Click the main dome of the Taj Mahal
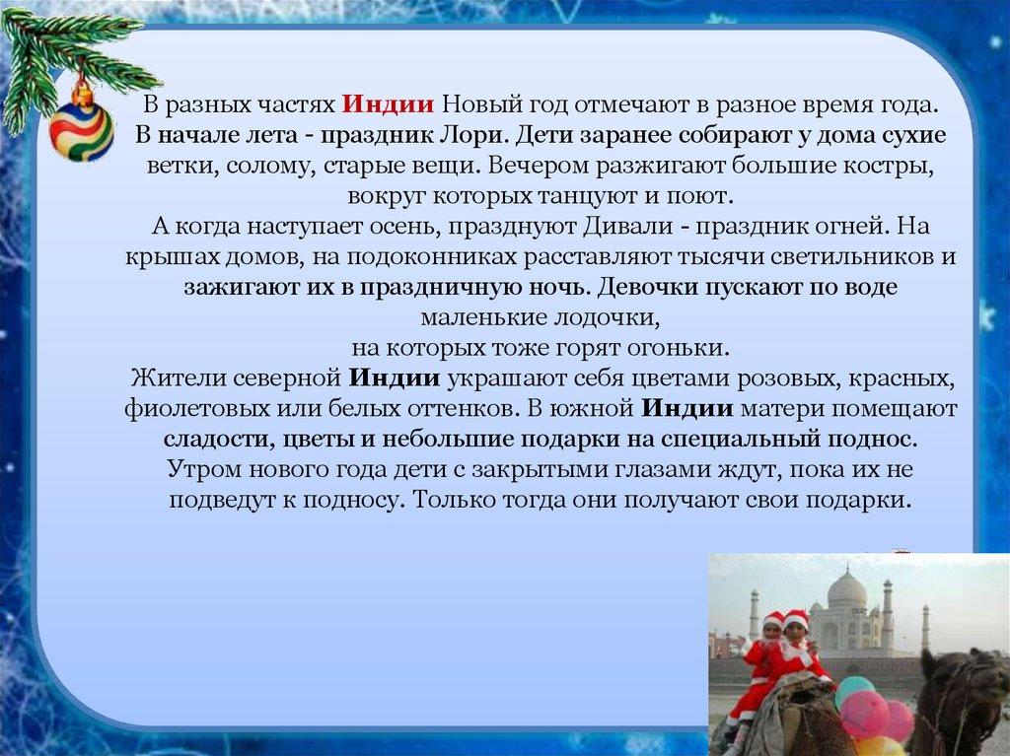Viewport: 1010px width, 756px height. click(846, 590)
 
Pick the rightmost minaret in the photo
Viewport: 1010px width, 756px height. click(925, 627)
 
